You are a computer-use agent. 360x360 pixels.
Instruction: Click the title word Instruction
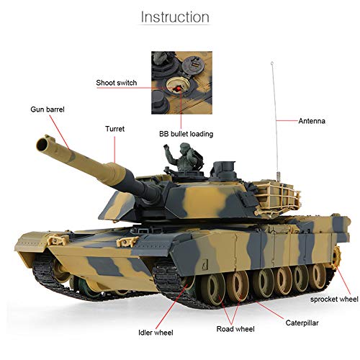175,17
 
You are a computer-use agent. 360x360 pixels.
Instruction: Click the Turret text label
114,129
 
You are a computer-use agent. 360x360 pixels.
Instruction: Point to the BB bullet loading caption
186,133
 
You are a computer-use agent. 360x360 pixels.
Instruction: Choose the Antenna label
312,121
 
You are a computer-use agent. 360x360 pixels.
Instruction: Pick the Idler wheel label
156,332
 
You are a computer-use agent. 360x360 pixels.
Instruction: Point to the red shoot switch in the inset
174,86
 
